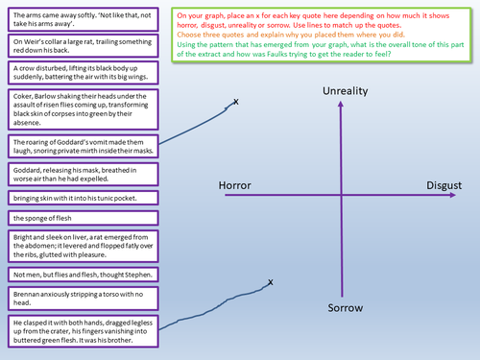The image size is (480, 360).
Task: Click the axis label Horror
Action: tap(235, 185)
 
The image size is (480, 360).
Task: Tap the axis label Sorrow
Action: tap(338, 309)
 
